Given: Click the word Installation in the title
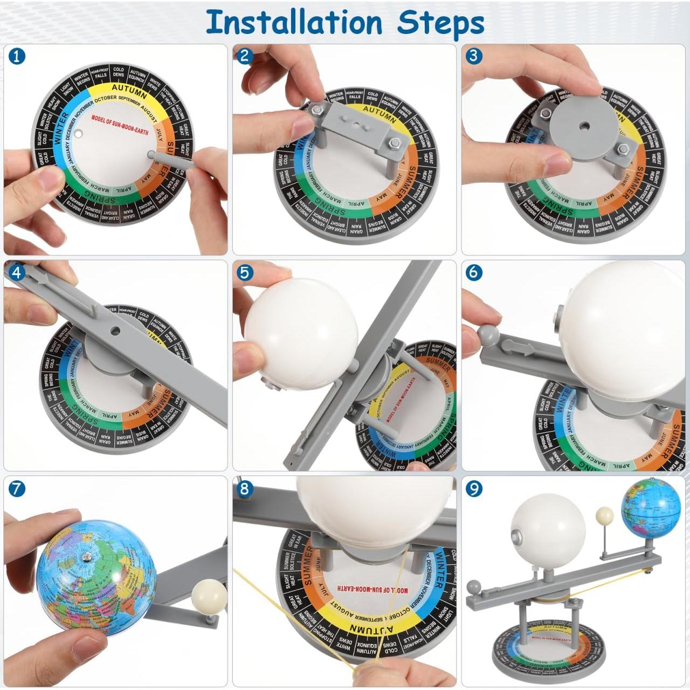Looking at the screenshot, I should [x=294, y=23].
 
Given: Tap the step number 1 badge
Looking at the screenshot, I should [x=17, y=56].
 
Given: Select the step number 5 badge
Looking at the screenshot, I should [x=245, y=273].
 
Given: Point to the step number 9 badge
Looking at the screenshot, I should [x=474, y=489].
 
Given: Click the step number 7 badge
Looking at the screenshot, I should [x=17, y=489].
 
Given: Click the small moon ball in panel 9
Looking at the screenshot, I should [x=604, y=515].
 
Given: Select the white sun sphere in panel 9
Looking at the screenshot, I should [x=547, y=532].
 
